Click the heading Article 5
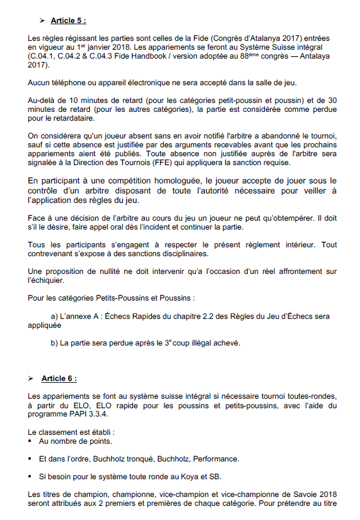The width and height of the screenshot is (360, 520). click(67, 21)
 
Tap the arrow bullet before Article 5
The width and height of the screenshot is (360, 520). click(43, 21)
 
